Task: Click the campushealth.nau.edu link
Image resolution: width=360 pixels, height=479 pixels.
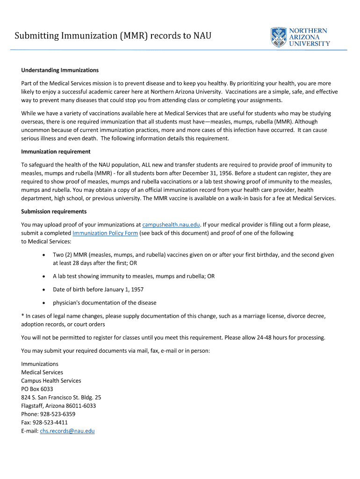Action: [171, 225]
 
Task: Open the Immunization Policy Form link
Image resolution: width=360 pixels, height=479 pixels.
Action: [105, 233]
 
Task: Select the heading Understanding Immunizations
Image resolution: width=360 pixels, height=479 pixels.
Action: [60, 70]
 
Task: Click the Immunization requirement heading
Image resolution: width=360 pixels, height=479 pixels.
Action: [56, 152]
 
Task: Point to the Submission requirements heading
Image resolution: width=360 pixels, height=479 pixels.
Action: [54, 211]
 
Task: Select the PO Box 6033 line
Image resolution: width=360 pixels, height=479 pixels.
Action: [37, 389]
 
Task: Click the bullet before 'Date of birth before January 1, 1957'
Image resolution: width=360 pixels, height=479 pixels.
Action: [43, 290]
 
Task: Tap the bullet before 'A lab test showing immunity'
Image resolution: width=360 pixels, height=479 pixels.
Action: [43, 276]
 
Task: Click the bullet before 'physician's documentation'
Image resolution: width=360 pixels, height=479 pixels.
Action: [43, 303]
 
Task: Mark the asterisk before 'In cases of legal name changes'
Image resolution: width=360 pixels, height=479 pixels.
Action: [22, 316]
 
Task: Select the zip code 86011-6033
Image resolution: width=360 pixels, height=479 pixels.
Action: [80, 406]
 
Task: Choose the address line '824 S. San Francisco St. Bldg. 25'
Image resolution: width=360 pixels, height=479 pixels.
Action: [61, 397]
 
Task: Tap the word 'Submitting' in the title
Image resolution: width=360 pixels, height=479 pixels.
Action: [36, 36]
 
